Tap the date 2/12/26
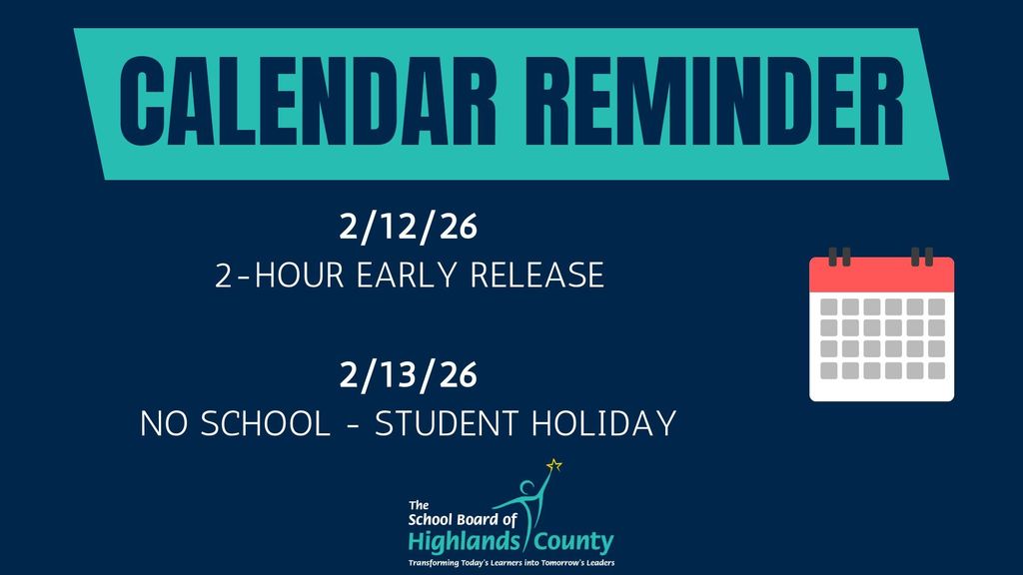pos(409,228)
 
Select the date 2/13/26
pos(409,375)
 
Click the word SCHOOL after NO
pos(266,423)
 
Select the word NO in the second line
pos(162,423)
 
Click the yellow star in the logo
pos(554,464)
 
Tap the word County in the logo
pos(573,542)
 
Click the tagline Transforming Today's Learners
pos(511,563)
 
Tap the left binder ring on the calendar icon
pos(840,257)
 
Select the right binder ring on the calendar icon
pos(921,257)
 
